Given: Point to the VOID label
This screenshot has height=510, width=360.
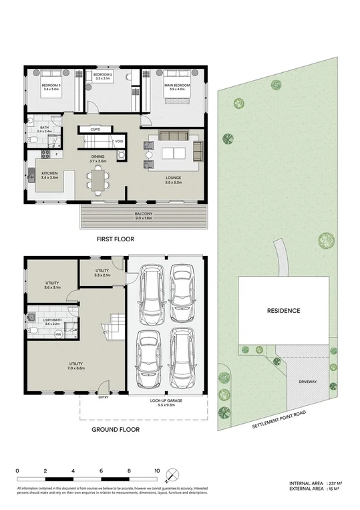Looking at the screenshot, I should (x=119, y=142).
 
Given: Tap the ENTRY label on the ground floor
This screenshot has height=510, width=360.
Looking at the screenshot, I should (x=103, y=397).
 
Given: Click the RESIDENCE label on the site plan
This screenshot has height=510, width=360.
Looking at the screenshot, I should (x=283, y=311).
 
